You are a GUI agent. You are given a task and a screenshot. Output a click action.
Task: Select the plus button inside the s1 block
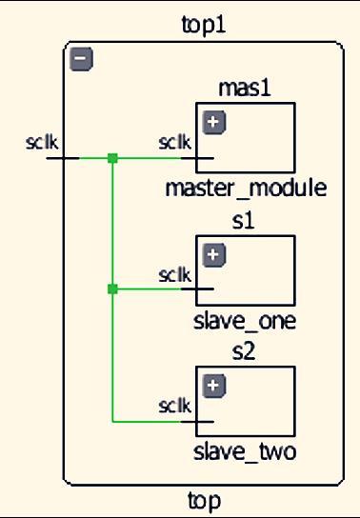[x=214, y=254]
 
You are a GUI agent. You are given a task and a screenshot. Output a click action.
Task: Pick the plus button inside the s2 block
[x=214, y=386]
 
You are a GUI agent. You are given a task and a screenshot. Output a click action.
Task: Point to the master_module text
[x=246, y=188]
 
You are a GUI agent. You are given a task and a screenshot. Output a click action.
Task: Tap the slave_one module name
[x=245, y=321]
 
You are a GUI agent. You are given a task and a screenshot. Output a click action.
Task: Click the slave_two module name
[x=245, y=450]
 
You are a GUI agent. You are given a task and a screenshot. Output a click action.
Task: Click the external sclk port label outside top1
[x=43, y=143]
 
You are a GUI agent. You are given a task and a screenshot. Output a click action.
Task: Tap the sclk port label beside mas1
[x=174, y=143]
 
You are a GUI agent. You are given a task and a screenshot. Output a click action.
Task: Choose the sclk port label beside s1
[x=174, y=274]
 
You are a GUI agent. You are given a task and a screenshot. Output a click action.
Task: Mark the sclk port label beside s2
[x=174, y=405]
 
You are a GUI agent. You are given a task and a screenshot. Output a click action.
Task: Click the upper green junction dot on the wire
[x=112, y=158]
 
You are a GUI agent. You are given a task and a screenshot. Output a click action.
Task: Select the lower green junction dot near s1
[x=112, y=289]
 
